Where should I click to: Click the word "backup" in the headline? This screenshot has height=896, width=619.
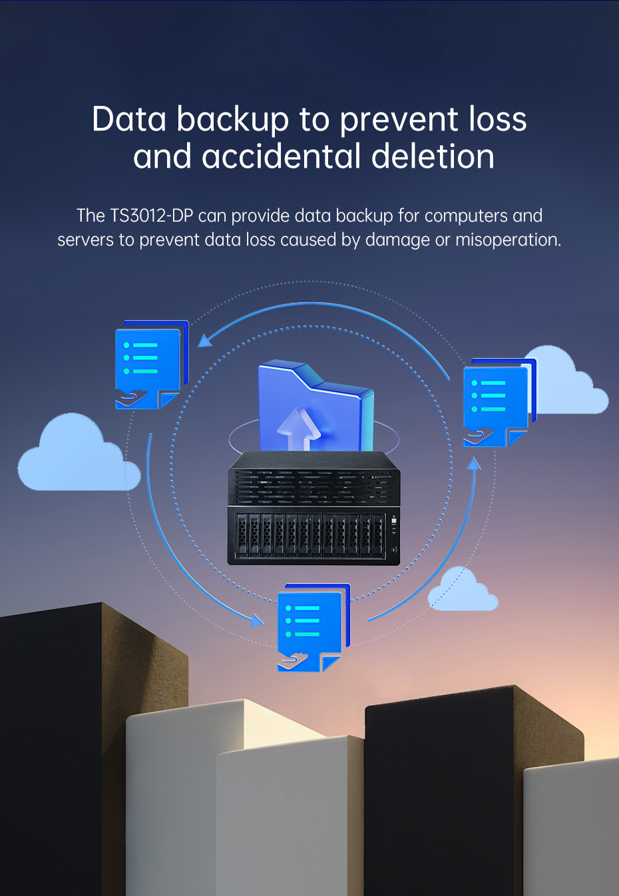pos(233,120)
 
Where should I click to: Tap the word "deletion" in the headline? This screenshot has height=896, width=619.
pos(433,157)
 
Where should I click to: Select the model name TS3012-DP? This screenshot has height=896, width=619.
pos(152,216)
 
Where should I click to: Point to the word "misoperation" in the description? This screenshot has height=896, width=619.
pos(508,240)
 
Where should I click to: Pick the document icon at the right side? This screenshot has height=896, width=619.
pos(497,402)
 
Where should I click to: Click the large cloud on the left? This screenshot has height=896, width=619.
pos(77,457)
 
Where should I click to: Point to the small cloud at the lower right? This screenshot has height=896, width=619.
pos(463,591)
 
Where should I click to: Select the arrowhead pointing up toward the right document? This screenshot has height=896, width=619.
pos(474,464)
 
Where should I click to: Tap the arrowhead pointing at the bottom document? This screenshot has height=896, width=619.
pos(257,620)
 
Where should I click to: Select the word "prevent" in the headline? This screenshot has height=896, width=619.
pos(399,120)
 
